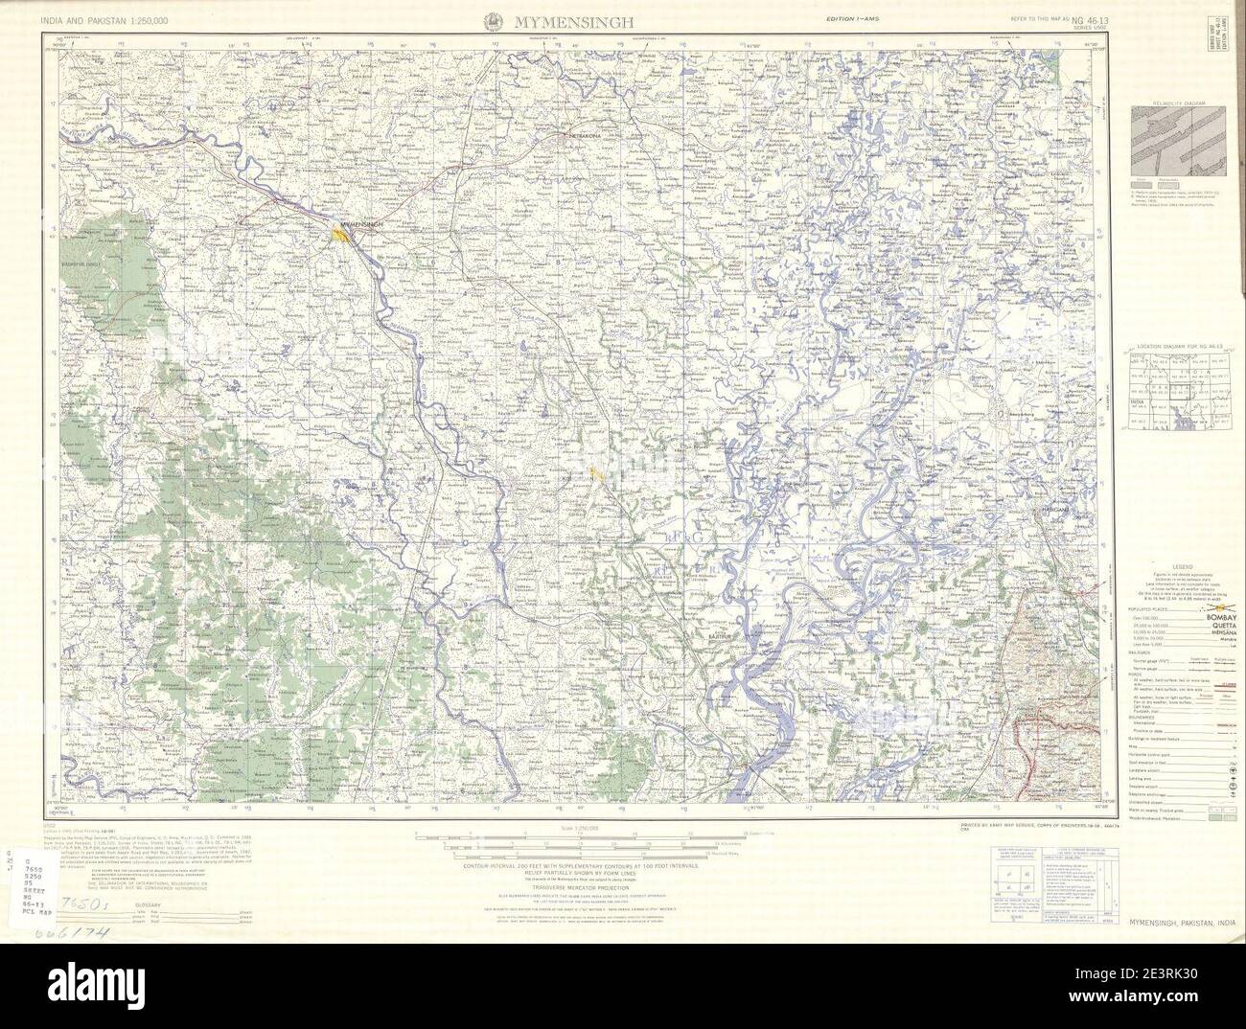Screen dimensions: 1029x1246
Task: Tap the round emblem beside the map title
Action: tap(493, 20)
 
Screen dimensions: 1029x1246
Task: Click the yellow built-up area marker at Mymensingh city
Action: tap(340, 234)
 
